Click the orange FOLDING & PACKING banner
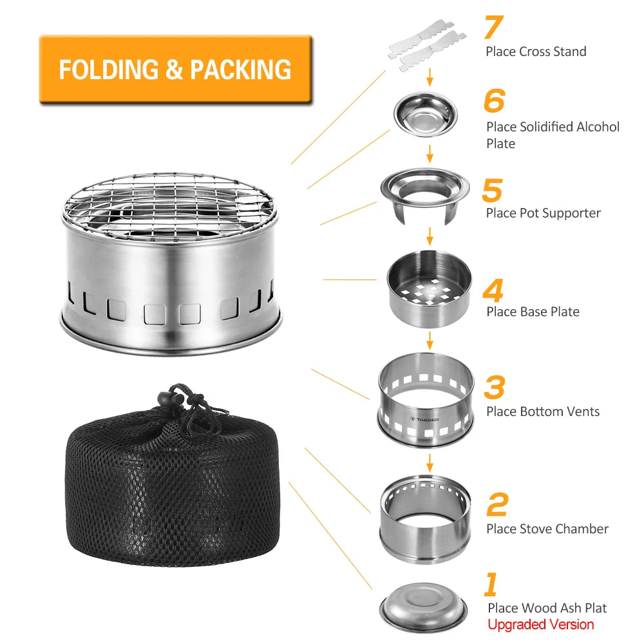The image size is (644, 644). tap(175, 69)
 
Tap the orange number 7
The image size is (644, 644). tap(497, 27)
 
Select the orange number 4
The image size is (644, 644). tap(493, 290)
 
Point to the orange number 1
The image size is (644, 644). tap(491, 585)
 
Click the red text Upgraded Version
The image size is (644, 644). tap(540, 624)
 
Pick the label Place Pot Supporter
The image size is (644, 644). tap(543, 213)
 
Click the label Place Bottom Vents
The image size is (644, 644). tap(542, 412)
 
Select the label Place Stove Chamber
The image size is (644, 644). tap(547, 529)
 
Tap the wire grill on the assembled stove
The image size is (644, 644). tap(171, 206)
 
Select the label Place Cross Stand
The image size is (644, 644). tap(536, 52)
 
